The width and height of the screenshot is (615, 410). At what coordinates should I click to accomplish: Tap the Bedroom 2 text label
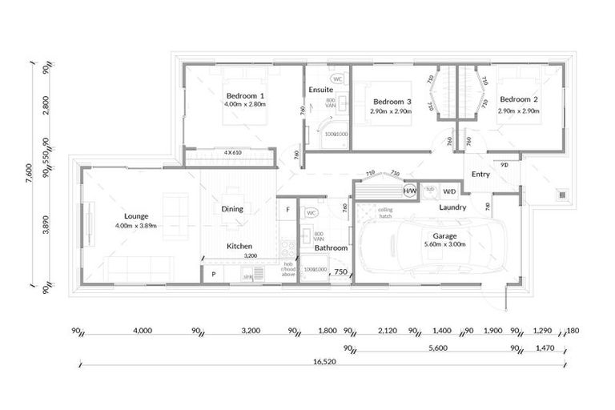[517, 99]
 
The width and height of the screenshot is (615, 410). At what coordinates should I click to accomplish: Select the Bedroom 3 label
[392, 102]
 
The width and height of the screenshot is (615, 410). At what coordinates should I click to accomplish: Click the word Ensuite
[320, 90]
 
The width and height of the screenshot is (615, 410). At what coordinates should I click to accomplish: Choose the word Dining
[232, 209]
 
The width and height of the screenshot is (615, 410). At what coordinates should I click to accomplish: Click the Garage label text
[444, 236]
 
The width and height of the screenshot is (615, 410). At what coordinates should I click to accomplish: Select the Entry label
[480, 175]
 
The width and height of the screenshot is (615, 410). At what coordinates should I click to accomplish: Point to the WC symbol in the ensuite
[337, 79]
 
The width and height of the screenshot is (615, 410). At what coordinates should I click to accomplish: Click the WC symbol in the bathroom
[311, 213]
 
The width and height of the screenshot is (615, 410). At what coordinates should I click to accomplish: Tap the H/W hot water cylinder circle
[410, 191]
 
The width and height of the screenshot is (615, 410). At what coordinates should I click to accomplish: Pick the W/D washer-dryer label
[449, 191]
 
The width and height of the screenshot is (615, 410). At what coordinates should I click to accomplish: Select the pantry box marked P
[214, 274]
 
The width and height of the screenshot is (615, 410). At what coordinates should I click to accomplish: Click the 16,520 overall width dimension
[323, 360]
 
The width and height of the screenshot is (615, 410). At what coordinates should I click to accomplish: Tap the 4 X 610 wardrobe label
[232, 152]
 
